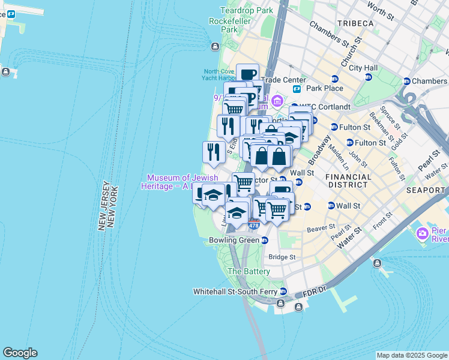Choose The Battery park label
coord(249,271)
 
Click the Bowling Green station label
coord(234,240)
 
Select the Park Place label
coord(325,88)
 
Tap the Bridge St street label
coord(282,257)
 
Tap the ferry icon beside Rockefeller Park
coord(215,47)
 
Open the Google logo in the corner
coord(20,353)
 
